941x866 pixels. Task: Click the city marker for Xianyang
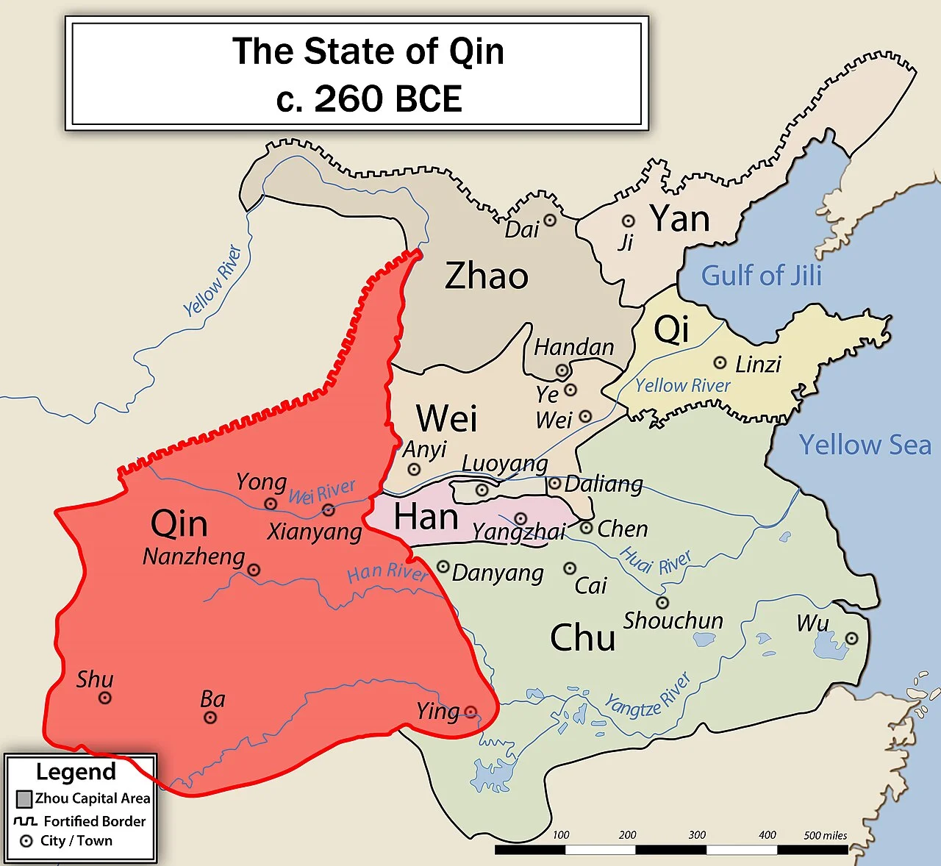329,510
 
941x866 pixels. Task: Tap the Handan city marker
562,371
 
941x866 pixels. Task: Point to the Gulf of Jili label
761,276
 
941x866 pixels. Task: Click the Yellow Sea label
865,445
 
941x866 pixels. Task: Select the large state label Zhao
487,276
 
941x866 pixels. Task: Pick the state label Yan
680,219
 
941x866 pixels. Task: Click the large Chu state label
582,637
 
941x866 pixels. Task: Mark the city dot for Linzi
720,362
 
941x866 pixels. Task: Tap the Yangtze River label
648,696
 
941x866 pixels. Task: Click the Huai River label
656,562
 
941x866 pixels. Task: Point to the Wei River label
322,492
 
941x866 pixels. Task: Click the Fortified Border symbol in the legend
26,820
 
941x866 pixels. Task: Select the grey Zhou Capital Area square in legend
24,798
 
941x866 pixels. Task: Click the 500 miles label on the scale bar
825,835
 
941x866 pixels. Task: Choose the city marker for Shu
105,698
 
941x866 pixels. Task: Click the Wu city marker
851,638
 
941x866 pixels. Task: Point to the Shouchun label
673,621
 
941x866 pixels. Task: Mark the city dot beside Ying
470,712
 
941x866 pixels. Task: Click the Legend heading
76,772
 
